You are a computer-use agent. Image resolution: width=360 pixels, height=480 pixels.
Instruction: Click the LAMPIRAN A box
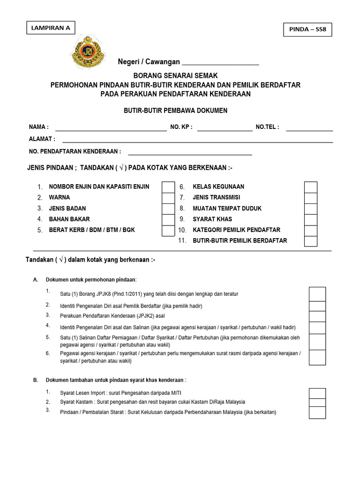coord(50,28)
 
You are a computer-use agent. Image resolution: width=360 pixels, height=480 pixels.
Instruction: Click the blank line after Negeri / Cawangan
coord(220,62)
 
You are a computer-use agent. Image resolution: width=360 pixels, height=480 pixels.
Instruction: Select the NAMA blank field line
coord(111,128)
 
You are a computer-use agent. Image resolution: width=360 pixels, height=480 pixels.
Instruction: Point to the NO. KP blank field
coord(225,128)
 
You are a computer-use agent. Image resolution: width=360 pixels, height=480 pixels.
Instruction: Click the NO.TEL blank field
coord(309,128)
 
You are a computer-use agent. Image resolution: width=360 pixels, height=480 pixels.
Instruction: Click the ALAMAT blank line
coord(197,140)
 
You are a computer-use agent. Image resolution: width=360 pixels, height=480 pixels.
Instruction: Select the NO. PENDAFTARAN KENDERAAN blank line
coord(190,153)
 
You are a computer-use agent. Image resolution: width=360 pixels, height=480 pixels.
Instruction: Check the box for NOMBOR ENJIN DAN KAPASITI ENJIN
coord(168,187)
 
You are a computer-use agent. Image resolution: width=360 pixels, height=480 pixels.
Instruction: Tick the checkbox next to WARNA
coord(168,198)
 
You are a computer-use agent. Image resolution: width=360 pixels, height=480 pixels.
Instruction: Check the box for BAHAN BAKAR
coord(168,219)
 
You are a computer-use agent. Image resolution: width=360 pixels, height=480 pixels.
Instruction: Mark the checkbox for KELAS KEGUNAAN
coord(310,187)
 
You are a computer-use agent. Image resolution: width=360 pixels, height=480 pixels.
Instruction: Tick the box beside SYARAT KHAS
coord(310,219)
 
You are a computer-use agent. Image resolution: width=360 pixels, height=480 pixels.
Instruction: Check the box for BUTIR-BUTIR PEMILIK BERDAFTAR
coord(310,241)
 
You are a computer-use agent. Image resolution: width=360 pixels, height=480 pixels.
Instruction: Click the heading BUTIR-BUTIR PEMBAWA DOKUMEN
coord(175,111)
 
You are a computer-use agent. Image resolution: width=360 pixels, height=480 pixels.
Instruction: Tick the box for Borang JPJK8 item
coord(317,294)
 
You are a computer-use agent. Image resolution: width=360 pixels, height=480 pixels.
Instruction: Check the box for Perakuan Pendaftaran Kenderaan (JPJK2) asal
coord(317,316)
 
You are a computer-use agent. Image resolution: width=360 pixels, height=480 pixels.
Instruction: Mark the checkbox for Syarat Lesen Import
coord(317,393)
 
